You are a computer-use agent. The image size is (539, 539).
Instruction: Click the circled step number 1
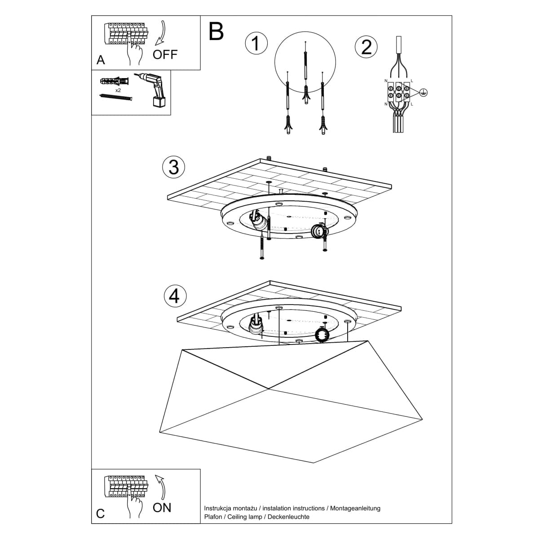click(x=256, y=44)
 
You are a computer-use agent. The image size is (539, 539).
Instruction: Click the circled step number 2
click(x=366, y=47)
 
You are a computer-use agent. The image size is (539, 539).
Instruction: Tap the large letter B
click(x=216, y=31)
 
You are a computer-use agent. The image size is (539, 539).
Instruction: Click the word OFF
click(x=165, y=55)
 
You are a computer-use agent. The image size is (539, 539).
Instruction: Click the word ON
click(x=162, y=508)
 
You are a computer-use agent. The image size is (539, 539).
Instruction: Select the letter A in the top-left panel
click(x=101, y=60)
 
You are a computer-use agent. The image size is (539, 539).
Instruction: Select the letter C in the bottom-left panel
click(x=101, y=513)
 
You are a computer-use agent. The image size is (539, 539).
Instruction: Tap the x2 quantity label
click(x=118, y=90)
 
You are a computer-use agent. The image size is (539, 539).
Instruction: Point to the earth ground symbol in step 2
click(x=423, y=93)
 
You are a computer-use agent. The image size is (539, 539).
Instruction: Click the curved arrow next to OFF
click(x=161, y=34)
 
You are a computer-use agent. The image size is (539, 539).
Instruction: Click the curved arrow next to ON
click(x=160, y=487)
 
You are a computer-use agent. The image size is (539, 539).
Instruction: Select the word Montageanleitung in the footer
click(x=355, y=508)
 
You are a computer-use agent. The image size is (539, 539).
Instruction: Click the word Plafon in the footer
click(x=213, y=517)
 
